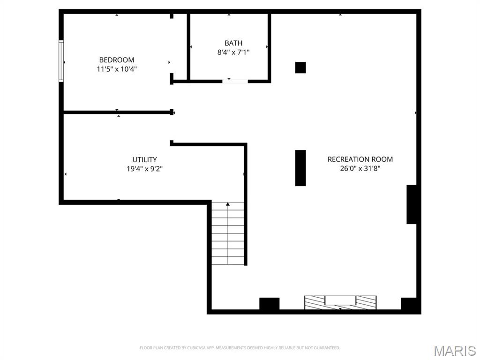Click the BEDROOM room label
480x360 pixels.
pos(117,60)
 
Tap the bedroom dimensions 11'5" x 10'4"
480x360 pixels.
pos(117,69)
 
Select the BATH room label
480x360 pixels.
pos(233,43)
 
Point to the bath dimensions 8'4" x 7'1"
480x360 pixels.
pos(233,52)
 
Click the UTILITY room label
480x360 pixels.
pos(144,159)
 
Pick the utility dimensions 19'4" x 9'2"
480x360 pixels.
pos(144,169)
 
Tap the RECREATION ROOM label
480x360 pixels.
pos(360,159)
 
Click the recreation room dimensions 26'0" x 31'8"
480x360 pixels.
pos(360,168)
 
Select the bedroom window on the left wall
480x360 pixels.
pos(61,61)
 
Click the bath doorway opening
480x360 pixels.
pos(235,81)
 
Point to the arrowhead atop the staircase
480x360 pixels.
pos(228,204)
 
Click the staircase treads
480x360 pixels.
pos(228,233)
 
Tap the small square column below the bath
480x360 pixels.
pos(300,67)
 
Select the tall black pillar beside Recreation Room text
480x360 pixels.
pos(300,168)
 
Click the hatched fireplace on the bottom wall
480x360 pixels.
pos(340,302)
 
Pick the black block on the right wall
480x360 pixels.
pos(412,204)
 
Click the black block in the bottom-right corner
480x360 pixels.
pos(409,304)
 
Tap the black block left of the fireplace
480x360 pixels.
pos(270,304)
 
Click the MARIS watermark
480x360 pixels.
pos(455,351)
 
